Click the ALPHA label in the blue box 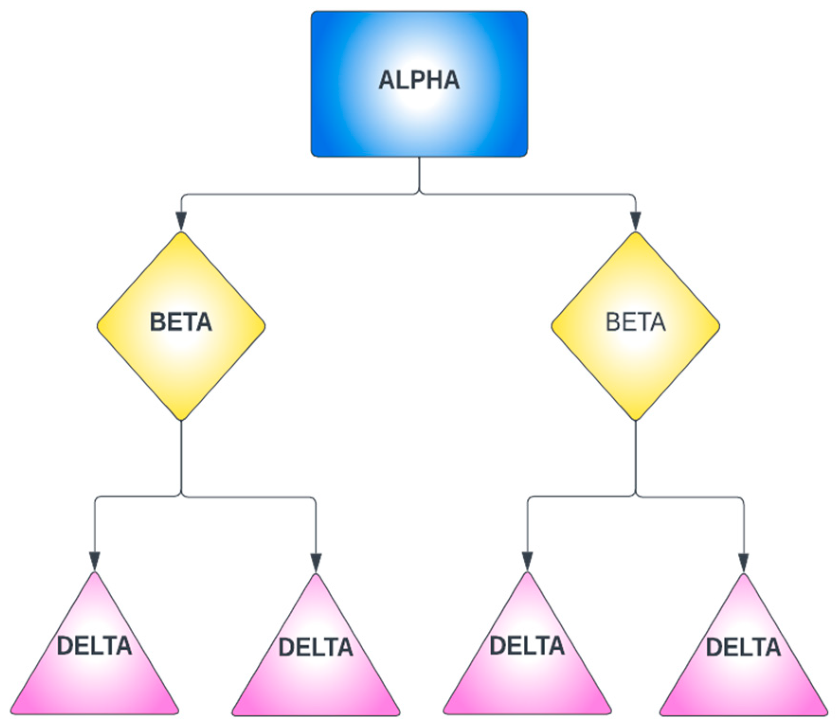click(419, 80)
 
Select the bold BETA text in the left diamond click(181, 322)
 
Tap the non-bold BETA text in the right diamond click(636, 322)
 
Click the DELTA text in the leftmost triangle click(94, 646)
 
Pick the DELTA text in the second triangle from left click(316, 647)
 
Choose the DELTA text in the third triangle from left click(527, 646)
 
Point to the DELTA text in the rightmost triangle click(743, 647)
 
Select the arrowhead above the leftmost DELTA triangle click(95, 562)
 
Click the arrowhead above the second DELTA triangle click(316, 562)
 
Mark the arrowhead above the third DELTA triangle click(527, 562)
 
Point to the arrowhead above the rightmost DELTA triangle click(743, 562)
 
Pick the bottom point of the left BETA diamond click(181, 419)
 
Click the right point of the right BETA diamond click(719, 326)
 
